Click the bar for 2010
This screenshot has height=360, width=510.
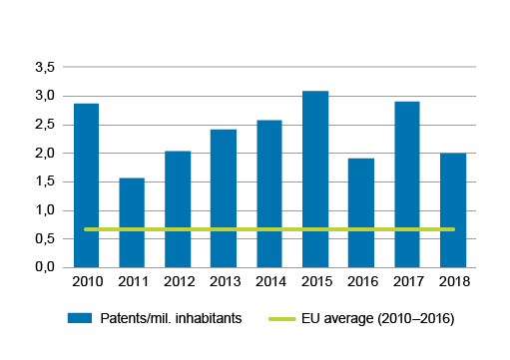coord(86,185)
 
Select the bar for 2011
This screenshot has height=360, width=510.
coord(132,222)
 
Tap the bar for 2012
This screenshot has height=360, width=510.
coord(178,209)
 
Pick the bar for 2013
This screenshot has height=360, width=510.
coord(224,198)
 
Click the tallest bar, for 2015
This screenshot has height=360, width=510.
coord(315,180)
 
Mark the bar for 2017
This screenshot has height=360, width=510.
coord(407,184)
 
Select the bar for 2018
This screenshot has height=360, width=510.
coord(453,210)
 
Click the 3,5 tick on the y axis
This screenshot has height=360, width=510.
coord(44,68)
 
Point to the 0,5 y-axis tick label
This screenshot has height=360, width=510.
coord(44,239)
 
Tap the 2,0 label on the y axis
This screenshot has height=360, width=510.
coord(44,154)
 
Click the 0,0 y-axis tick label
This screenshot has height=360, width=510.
coord(44,267)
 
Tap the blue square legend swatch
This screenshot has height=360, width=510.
coord(80,318)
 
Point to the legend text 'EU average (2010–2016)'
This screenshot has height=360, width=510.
coord(377,318)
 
